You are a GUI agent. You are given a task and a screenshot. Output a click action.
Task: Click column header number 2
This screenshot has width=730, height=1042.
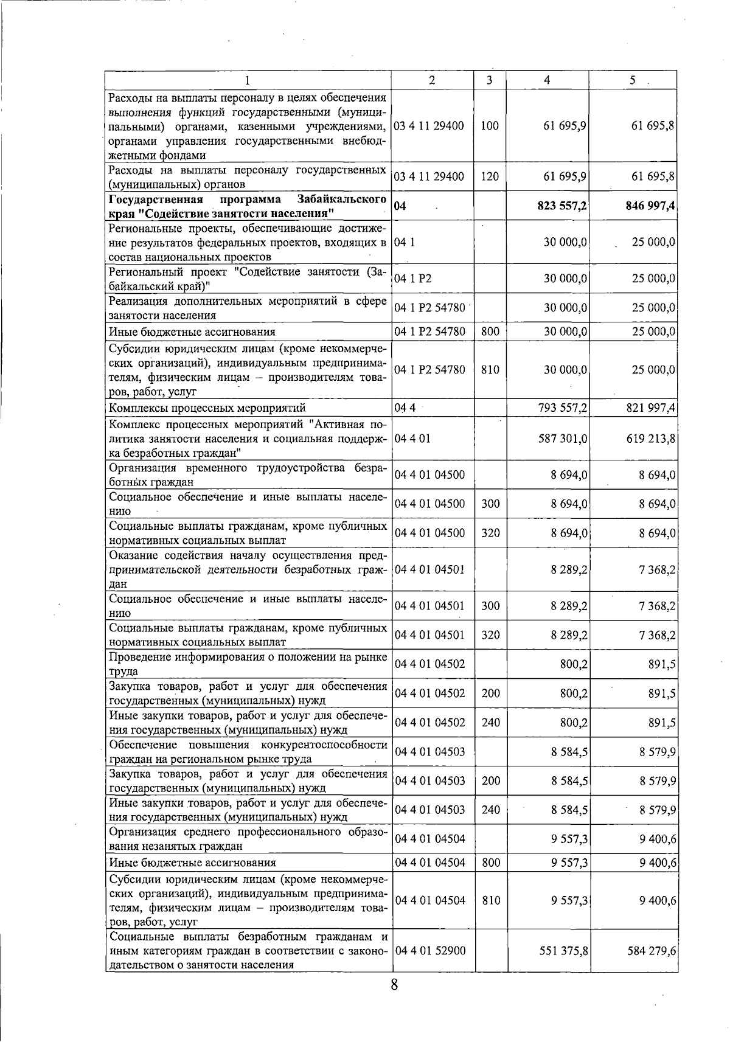pos(432,80)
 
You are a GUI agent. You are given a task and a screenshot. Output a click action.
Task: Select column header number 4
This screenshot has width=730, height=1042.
pos(547,80)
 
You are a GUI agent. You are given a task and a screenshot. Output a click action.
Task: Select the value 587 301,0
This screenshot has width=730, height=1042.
pos(563,438)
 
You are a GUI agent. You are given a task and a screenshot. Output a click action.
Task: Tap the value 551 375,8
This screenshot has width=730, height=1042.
pos(563,950)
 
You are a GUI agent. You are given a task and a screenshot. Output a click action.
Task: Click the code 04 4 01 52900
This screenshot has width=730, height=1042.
pos(430,950)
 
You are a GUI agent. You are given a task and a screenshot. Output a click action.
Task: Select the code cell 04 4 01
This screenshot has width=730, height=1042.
pos(412,438)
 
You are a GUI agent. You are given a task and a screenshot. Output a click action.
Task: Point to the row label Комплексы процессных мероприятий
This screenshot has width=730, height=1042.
pos(207,408)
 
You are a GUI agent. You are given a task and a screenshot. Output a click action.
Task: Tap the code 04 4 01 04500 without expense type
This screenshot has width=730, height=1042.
pos(430,475)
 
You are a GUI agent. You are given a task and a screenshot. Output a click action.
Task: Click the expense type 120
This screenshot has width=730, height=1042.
pos(490,177)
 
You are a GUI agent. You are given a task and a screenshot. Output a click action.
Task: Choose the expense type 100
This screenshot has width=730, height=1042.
pos(490,126)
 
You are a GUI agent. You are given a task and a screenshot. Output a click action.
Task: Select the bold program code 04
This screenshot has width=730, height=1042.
pos(400,206)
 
